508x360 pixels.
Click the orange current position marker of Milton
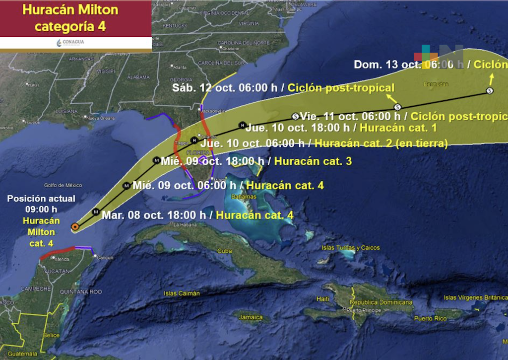click(74, 226)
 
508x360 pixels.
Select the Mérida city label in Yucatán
click(63, 259)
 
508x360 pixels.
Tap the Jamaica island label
click(251, 317)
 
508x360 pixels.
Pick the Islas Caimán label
click(182, 293)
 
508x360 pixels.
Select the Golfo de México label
click(63, 186)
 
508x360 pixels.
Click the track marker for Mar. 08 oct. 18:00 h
click(96, 212)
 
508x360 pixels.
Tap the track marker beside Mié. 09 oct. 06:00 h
click(127, 185)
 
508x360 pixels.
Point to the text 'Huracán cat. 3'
click(314, 161)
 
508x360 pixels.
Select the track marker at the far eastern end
click(490, 90)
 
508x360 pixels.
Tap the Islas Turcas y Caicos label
click(350, 248)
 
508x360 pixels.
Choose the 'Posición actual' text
click(41, 199)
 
